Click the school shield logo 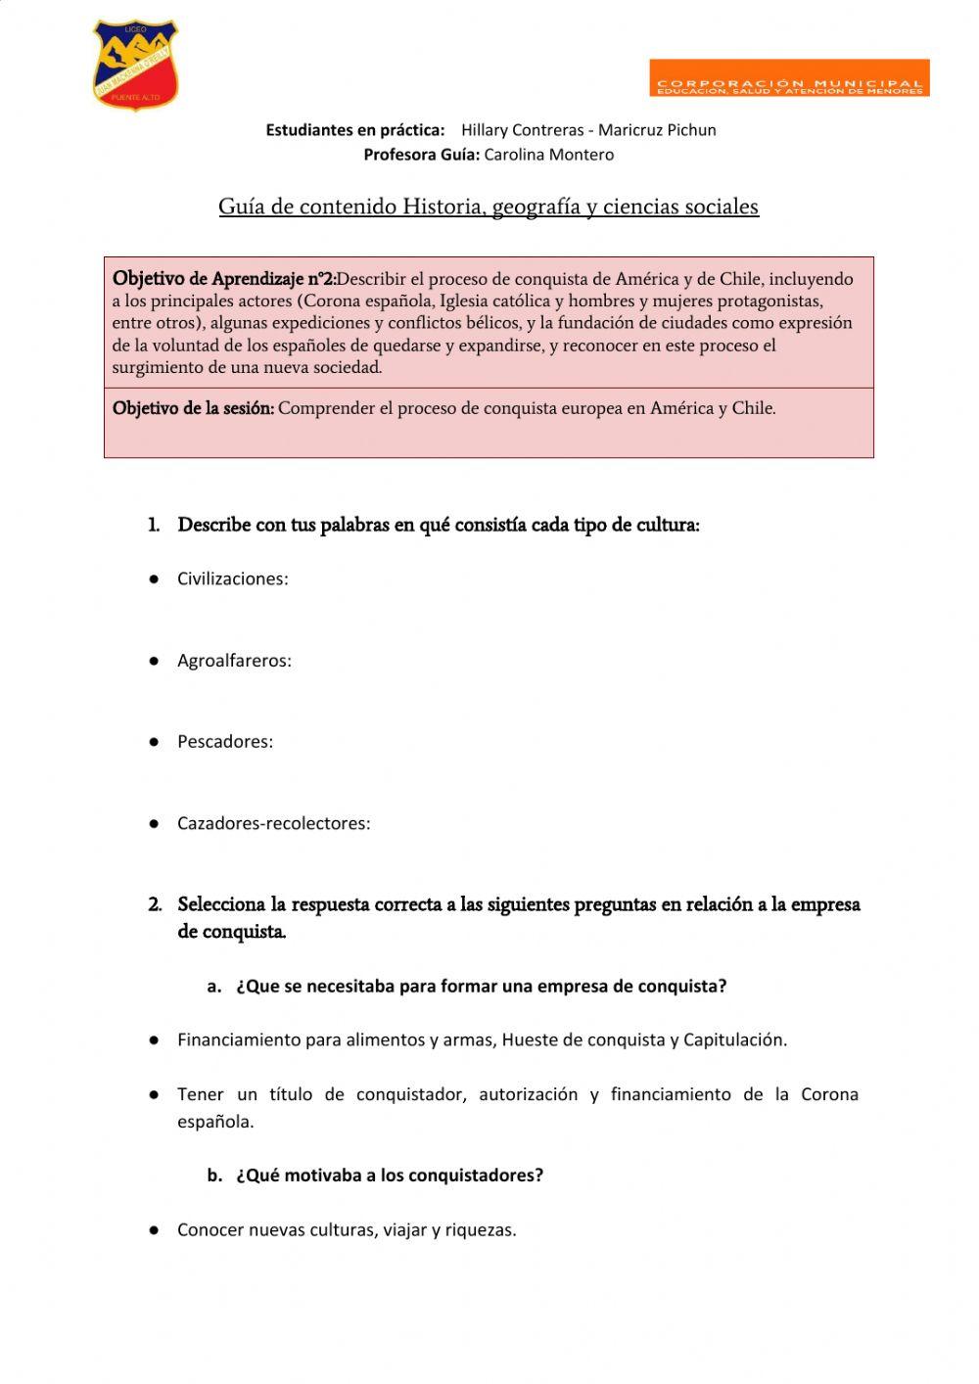tap(135, 65)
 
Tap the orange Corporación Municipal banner tap(789, 78)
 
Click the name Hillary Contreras tap(522, 130)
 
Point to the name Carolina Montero tap(549, 155)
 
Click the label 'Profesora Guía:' tap(421, 155)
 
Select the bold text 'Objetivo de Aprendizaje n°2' tap(224, 279)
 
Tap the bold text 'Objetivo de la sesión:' tap(193, 408)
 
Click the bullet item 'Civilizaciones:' tap(232, 579)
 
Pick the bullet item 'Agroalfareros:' tap(234, 661)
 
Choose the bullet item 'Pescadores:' tap(225, 742)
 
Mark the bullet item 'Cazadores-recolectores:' tap(273, 823)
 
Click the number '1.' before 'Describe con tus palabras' tap(154, 526)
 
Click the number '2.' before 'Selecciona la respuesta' tap(155, 904)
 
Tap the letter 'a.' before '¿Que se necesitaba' tap(214, 987)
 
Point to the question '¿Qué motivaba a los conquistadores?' tap(389, 1176)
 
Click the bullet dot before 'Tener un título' tap(154, 1095)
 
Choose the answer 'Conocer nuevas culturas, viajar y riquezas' tap(346, 1230)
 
